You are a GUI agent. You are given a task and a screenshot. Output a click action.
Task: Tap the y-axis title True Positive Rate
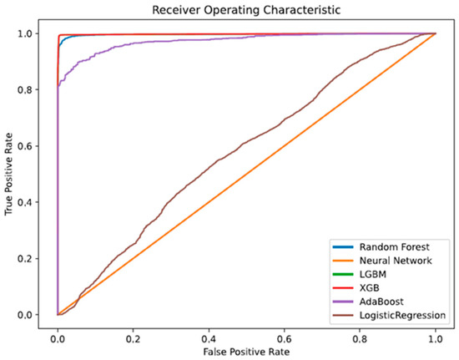9,174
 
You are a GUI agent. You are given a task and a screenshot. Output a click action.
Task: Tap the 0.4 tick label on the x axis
209,337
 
